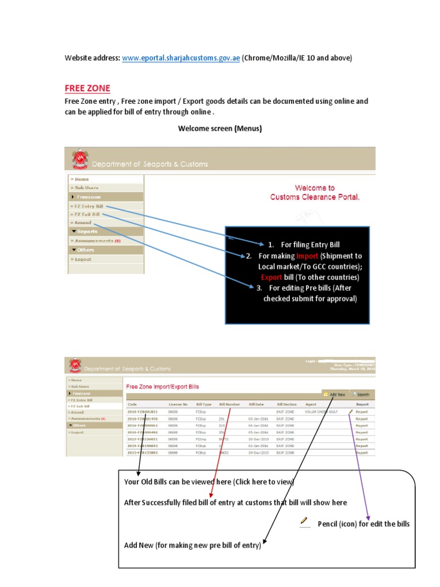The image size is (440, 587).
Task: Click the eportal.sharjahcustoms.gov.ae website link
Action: point(180,58)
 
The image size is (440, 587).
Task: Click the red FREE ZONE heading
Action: point(87,88)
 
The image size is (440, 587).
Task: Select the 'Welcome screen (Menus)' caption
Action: point(219,128)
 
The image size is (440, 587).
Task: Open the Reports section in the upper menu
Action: point(87,232)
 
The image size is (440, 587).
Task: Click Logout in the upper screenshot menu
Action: point(82,259)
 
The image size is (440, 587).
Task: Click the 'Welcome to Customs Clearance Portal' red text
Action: point(315,193)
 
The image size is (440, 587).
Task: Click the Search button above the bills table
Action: point(361,394)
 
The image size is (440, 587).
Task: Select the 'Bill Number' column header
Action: point(229,404)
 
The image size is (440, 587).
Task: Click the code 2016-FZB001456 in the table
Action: point(142,418)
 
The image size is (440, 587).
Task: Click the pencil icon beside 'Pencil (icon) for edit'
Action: point(303,521)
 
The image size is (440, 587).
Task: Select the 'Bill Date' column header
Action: point(256,404)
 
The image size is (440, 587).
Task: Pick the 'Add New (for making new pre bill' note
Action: point(192,545)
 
